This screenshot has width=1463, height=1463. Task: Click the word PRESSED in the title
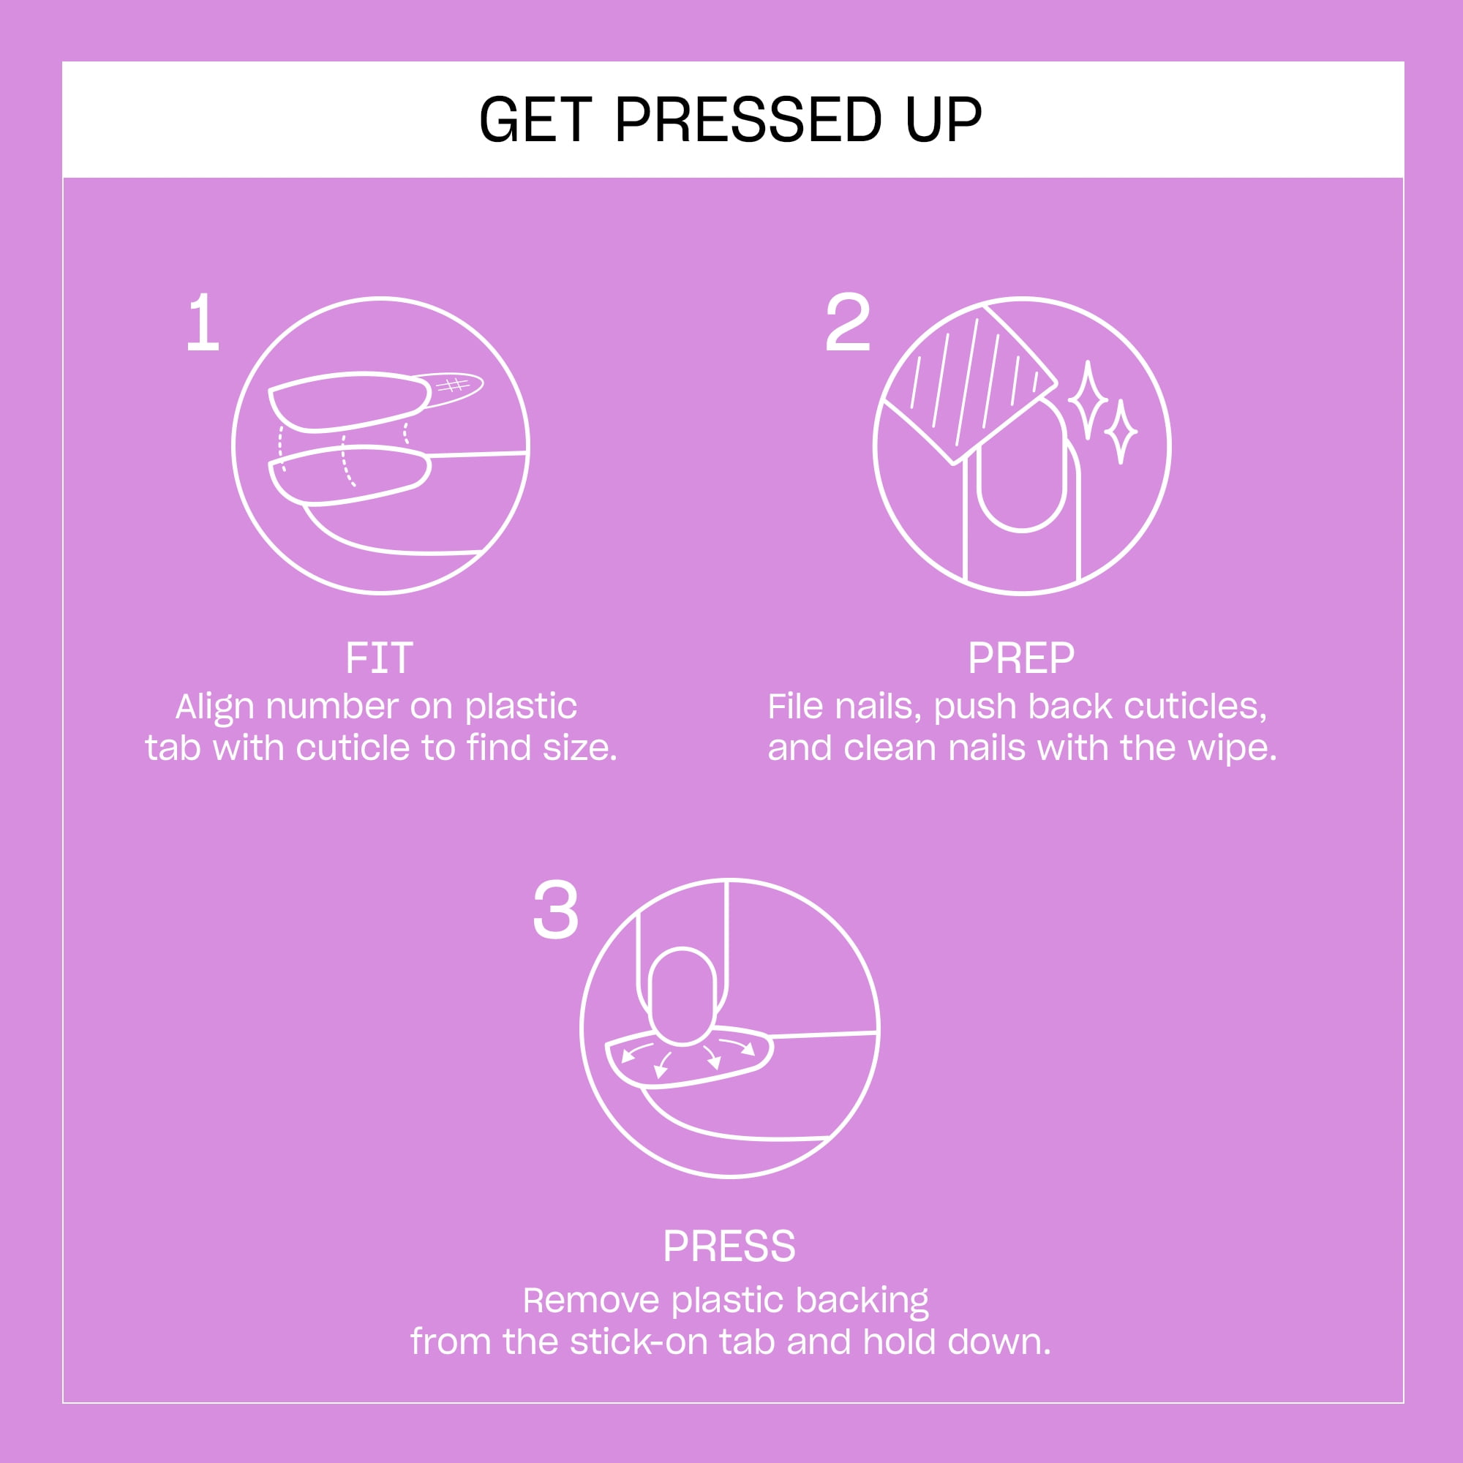coord(748,120)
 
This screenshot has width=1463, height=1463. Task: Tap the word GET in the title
coord(535,120)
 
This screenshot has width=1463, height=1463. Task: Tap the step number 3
coord(556,911)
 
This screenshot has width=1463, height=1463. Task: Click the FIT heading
coord(380,658)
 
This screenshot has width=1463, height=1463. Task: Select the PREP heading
coord(1020,658)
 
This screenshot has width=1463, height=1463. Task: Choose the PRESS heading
coord(729,1246)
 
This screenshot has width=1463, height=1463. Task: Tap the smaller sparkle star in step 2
coord(1121,432)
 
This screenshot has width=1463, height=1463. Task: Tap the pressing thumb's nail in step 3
coord(682,996)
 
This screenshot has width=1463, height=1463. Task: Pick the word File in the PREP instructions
coord(795,707)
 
